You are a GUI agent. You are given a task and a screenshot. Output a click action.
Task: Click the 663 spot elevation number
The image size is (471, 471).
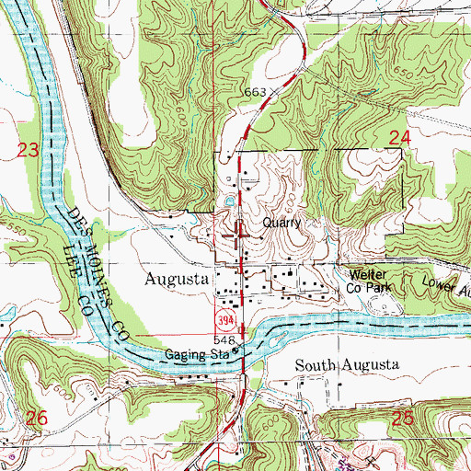point(256,93)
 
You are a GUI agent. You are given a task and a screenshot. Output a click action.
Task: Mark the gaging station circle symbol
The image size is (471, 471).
point(235,350)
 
